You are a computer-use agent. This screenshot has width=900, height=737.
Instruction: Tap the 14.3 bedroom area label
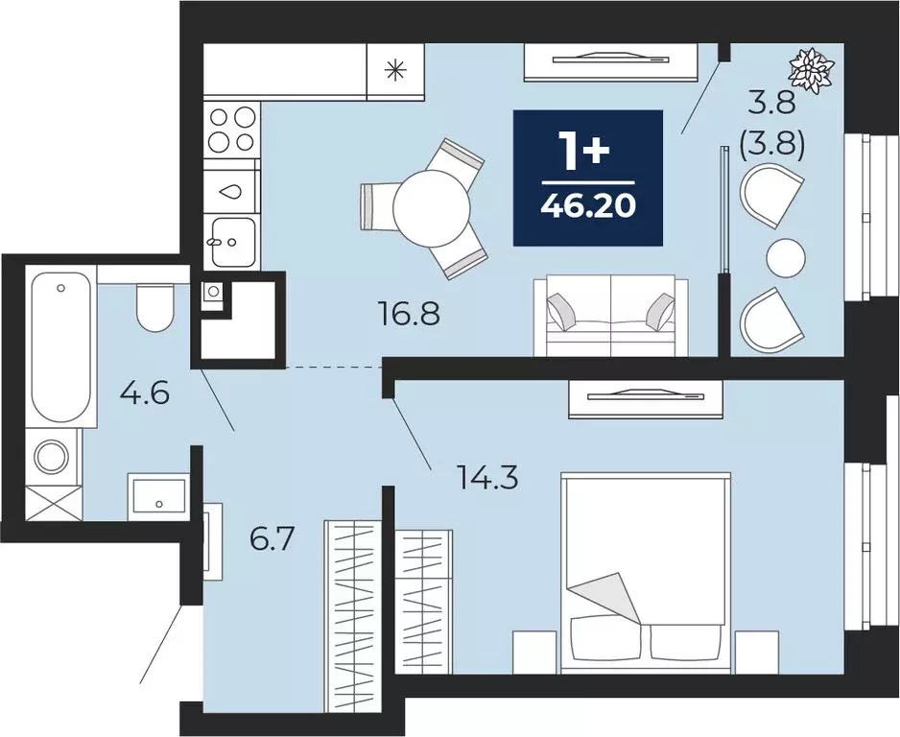point(486,476)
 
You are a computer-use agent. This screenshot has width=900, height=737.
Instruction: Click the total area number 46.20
point(588,205)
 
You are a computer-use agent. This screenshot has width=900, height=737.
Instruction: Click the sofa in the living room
point(610,315)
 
